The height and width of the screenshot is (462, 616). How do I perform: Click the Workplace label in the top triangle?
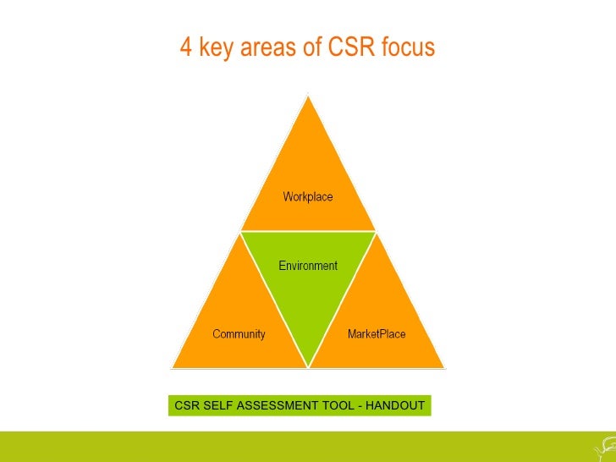pos(308,197)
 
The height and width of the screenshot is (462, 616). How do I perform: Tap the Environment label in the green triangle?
pos(308,266)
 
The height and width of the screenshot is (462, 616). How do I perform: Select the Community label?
pos(239,334)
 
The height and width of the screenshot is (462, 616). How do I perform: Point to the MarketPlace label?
pos(377,334)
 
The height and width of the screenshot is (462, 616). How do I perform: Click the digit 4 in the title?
pos(185,48)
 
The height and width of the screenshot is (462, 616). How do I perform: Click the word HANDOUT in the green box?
pos(394,406)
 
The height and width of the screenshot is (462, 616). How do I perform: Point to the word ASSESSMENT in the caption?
pos(276,406)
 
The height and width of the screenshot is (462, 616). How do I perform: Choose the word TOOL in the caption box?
pos(335,406)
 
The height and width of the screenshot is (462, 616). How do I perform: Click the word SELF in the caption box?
pos(215,406)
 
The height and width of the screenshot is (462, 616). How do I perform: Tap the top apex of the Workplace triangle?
pos(308,96)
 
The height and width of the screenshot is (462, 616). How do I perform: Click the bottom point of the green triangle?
pos(308,366)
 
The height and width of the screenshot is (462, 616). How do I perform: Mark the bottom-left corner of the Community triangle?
pos(173,367)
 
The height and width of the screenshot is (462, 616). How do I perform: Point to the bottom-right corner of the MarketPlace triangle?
pos(444,367)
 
